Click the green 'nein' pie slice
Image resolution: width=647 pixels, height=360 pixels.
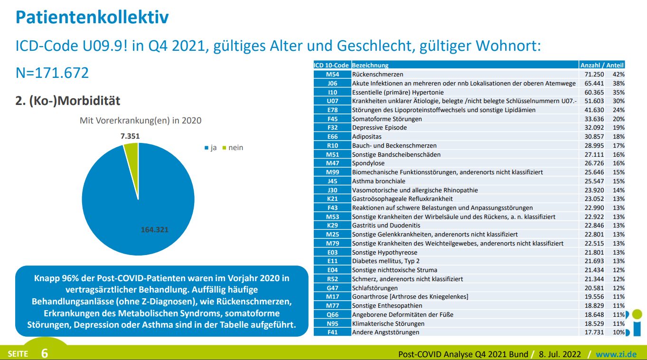point(131,152)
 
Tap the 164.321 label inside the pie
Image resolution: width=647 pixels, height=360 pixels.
point(155,229)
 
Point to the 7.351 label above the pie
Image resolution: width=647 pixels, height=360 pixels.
point(130,136)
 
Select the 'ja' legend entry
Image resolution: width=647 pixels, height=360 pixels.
point(211,148)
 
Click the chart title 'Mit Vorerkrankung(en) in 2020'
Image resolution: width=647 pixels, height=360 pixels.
point(141,121)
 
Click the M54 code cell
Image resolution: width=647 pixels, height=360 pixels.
point(332,75)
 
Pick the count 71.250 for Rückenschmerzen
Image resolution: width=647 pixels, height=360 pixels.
point(593,75)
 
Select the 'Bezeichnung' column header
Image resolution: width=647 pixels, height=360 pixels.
point(370,65)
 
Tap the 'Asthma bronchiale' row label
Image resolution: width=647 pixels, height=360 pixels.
point(379,181)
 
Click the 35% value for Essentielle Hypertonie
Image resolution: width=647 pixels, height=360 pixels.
point(619,92)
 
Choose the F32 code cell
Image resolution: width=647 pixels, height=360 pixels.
point(332,127)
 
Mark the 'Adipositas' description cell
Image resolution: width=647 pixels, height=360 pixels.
point(367,136)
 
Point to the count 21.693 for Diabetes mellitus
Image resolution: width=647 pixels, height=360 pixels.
point(593,261)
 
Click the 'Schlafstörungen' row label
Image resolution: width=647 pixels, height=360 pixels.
point(375,288)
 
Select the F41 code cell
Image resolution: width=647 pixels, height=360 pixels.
point(332,332)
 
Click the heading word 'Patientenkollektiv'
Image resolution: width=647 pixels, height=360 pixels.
point(92,18)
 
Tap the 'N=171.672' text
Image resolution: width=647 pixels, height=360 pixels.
point(52,73)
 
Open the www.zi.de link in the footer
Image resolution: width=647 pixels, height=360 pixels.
point(616,354)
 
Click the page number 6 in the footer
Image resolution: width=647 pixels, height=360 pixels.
point(45,353)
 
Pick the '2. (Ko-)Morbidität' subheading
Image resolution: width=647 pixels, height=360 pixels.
point(68,101)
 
